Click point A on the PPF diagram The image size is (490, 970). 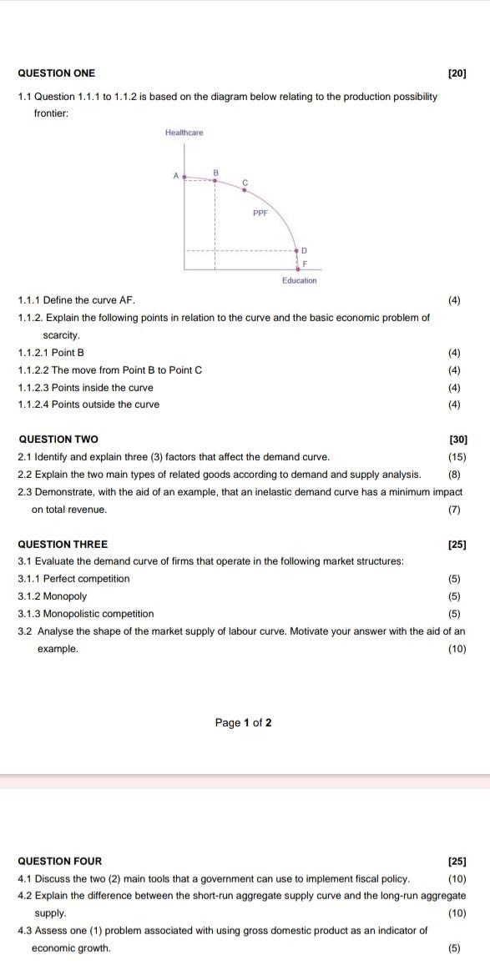(x=184, y=177)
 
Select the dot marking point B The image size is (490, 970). (x=215, y=178)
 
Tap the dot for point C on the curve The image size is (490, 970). (x=245, y=189)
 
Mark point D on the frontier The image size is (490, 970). (x=296, y=249)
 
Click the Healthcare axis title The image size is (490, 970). (x=184, y=133)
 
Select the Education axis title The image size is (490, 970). (x=299, y=280)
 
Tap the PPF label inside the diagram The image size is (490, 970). (x=260, y=213)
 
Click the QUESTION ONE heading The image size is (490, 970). (x=57, y=73)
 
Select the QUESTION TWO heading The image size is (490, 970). (x=58, y=439)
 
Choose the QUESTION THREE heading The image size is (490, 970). (x=63, y=545)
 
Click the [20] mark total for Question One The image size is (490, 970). (x=457, y=73)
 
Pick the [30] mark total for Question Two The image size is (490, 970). (x=457, y=439)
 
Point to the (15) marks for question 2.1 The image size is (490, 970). (x=457, y=456)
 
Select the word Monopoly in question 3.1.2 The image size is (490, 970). (x=67, y=596)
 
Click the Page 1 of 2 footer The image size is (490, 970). (x=243, y=722)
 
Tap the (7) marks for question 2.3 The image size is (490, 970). (x=454, y=509)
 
